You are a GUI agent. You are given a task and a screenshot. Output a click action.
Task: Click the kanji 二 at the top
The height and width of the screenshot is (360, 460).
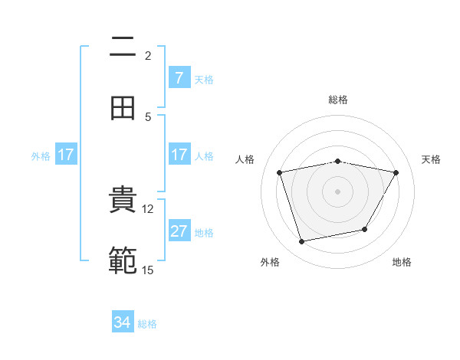click(123, 48)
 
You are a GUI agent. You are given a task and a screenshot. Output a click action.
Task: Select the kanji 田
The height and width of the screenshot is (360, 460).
click(123, 109)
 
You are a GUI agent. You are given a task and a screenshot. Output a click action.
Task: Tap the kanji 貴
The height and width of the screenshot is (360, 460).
click(123, 201)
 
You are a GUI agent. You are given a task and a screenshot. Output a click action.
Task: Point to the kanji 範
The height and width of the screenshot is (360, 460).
click(123, 261)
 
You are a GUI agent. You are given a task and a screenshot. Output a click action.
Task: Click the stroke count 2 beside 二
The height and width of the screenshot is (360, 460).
click(148, 56)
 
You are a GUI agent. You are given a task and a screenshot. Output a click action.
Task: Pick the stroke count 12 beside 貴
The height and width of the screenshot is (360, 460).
click(148, 208)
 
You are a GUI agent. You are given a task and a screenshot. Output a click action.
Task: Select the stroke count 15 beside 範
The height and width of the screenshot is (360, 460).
click(148, 270)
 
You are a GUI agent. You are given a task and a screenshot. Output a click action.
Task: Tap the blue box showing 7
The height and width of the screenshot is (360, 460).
click(179, 77)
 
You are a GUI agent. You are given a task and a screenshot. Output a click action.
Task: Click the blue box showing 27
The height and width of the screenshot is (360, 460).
click(179, 231)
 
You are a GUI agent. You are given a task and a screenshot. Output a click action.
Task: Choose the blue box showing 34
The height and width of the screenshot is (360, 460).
click(123, 322)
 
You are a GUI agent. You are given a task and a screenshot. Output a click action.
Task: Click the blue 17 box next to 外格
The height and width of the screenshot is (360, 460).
click(66, 155)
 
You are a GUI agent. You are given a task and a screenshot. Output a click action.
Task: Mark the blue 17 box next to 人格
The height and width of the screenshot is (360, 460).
click(179, 155)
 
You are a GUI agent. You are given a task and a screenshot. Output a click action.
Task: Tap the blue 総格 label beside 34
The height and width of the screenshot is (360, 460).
click(147, 324)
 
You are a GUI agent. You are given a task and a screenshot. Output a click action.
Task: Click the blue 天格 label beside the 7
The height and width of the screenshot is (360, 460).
click(204, 79)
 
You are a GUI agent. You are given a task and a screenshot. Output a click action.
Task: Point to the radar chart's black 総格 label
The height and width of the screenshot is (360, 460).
click(338, 100)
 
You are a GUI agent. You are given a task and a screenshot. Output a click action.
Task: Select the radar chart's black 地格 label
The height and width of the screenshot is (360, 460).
click(402, 262)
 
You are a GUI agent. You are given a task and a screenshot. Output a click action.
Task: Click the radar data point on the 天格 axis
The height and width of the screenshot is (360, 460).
click(396, 172)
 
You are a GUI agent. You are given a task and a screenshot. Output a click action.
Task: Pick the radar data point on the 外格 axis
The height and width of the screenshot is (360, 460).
click(302, 242)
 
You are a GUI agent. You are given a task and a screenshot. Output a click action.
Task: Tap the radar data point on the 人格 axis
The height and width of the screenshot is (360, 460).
click(280, 173)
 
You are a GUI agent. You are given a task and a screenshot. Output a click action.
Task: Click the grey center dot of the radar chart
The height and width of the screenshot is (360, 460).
click(338, 191)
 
